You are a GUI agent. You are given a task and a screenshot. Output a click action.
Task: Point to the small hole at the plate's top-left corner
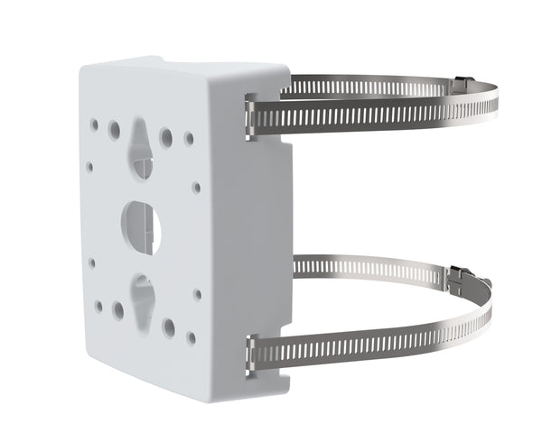coord(94,121)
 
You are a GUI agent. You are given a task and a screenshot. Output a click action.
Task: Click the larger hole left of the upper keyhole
coord(115,130)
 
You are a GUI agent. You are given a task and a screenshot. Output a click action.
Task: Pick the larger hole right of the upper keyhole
coord(166,137)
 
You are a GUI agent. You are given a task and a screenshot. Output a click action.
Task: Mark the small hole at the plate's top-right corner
coord(189,139)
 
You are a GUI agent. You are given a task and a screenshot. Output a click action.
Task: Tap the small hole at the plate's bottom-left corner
coord(98,306)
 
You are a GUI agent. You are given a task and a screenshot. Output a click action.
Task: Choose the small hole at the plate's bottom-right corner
coord(191,337)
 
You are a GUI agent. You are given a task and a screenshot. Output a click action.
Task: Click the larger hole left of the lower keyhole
coord(118,310)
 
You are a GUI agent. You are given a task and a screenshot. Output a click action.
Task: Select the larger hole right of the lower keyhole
coord(169,327)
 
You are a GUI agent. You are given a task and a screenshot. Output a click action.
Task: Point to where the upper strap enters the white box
coord(252,116)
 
